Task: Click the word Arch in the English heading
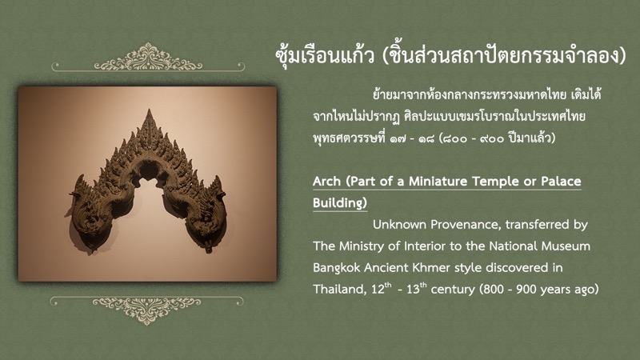click(326, 182)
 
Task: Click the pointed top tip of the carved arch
click(150, 110)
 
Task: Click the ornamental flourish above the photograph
click(148, 58)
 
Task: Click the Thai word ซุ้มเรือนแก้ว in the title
click(325, 56)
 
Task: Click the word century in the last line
click(453, 290)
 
